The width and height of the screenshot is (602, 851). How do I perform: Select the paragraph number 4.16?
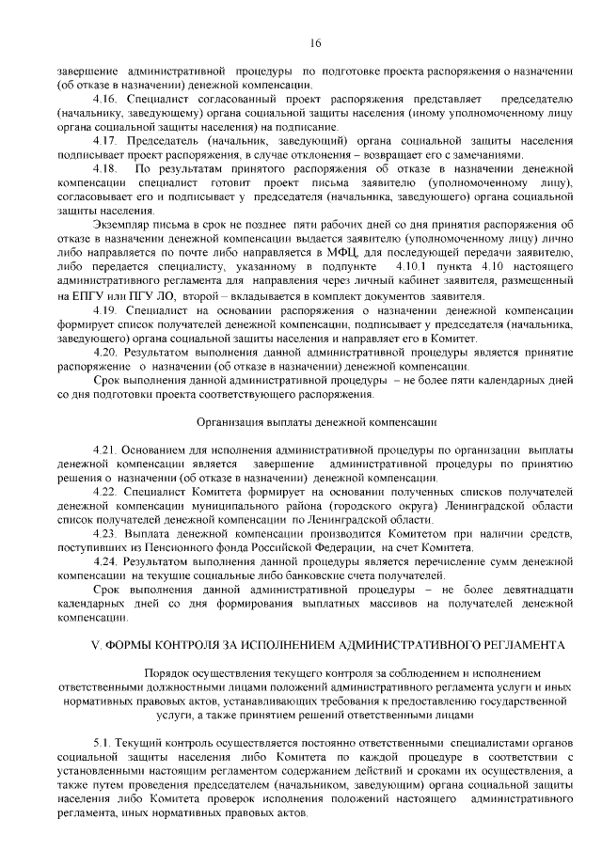[x=106, y=100]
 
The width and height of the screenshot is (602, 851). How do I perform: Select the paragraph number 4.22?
[x=106, y=492]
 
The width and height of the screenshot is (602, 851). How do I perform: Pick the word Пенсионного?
[x=185, y=546]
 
